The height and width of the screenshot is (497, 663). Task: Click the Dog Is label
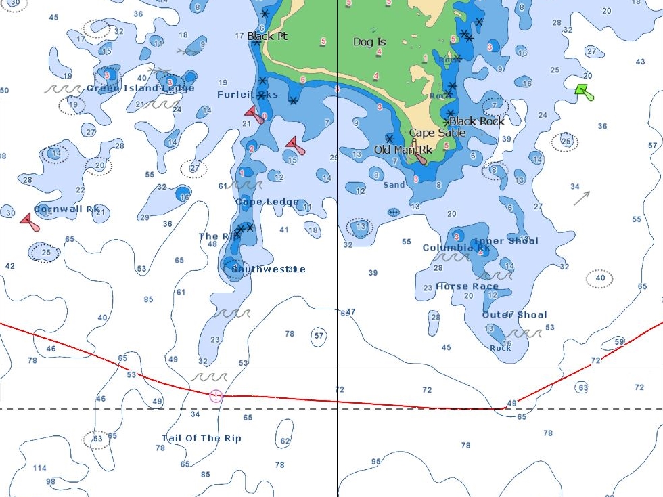pyautogui.click(x=369, y=42)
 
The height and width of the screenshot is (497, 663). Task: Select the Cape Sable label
pyautogui.click(x=437, y=133)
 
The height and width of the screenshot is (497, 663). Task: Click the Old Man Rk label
pyautogui.click(x=403, y=149)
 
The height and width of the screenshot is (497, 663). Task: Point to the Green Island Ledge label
pyautogui.click(x=140, y=88)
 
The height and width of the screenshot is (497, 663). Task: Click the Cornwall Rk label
pyautogui.click(x=67, y=209)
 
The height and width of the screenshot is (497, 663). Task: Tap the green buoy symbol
pyautogui.click(x=584, y=91)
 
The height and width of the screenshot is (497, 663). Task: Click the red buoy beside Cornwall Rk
pyautogui.click(x=29, y=221)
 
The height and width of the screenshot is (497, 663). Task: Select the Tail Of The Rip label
pyautogui.click(x=201, y=438)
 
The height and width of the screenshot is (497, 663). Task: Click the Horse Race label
pyautogui.click(x=467, y=286)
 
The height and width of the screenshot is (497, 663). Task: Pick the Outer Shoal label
pyautogui.click(x=514, y=314)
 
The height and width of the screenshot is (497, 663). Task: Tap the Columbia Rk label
pyautogui.click(x=456, y=248)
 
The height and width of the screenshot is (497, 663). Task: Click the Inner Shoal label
pyautogui.click(x=505, y=240)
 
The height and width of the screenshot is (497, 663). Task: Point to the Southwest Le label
pyautogui.click(x=268, y=269)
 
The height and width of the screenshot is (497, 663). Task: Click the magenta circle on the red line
pyautogui.click(x=216, y=395)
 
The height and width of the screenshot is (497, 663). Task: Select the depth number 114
pyautogui.click(x=39, y=468)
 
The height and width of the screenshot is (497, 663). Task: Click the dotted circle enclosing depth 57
pyautogui.click(x=319, y=335)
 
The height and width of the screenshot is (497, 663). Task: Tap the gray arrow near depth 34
pyautogui.click(x=582, y=198)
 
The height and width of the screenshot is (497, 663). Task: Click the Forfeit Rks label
pyautogui.click(x=247, y=95)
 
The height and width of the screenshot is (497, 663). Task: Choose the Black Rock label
pyautogui.click(x=477, y=121)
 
